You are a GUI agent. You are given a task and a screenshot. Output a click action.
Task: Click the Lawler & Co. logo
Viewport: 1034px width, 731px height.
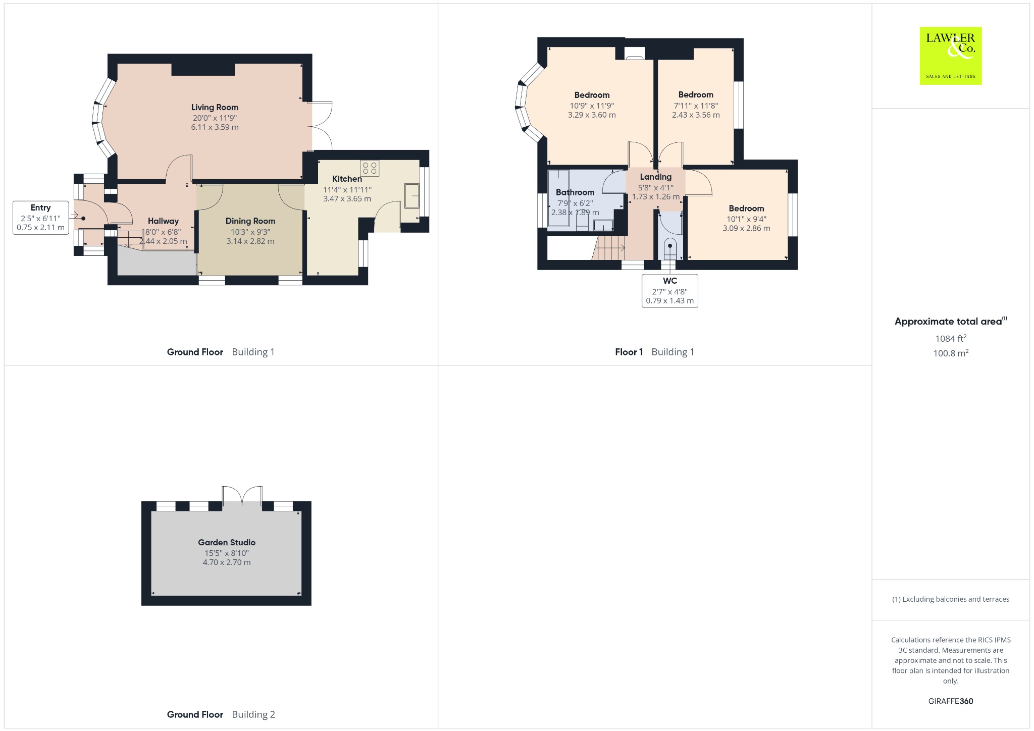[950, 56]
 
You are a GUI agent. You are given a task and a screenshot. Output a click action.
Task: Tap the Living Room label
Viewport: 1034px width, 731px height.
[215, 107]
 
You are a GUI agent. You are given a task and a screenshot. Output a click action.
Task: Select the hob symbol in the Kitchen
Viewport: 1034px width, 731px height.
[370, 168]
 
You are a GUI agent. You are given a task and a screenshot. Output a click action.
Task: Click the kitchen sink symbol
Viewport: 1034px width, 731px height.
[412, 195]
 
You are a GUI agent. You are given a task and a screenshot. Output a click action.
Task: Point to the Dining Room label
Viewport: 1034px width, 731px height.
[250, 221]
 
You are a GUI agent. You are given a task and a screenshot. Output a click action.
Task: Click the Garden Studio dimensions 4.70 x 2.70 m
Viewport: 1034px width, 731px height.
[227, 562]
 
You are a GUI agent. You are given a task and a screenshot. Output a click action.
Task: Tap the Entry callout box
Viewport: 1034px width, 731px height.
[41, 218]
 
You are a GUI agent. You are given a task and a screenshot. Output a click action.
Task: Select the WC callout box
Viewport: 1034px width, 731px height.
[670, 291]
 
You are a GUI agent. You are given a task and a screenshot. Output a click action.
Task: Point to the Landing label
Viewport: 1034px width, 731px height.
[656, 177]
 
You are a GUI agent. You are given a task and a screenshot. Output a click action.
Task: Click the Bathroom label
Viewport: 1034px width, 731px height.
[575, 192]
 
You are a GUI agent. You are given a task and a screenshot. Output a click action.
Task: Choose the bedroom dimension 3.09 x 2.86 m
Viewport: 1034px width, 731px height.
[746, 228]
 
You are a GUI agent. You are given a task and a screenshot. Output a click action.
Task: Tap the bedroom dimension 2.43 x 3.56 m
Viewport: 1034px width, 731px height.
[696, 115]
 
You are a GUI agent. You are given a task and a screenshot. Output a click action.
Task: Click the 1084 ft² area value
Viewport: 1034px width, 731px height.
[951, 338]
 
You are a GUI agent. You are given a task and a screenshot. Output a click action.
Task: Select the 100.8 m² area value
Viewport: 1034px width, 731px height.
[951, 353]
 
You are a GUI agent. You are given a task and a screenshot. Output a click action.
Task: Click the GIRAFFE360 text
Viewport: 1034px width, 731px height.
[951, 701]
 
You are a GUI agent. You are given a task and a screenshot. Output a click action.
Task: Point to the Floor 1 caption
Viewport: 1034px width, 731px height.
[629, 352]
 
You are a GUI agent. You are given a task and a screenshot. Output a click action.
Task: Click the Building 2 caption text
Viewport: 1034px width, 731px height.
[253, 714]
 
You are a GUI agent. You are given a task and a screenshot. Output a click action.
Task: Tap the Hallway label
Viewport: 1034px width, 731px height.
[163, 221]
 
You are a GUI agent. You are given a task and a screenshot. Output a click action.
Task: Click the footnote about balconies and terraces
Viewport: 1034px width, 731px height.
[951, 599]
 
